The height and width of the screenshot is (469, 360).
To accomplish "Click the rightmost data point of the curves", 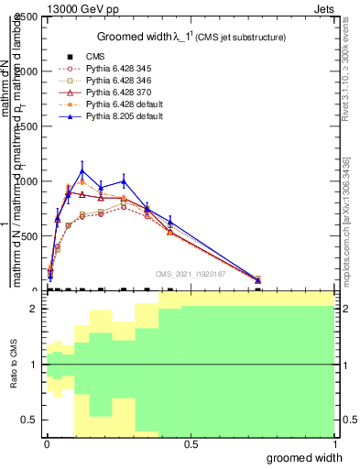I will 257,280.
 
